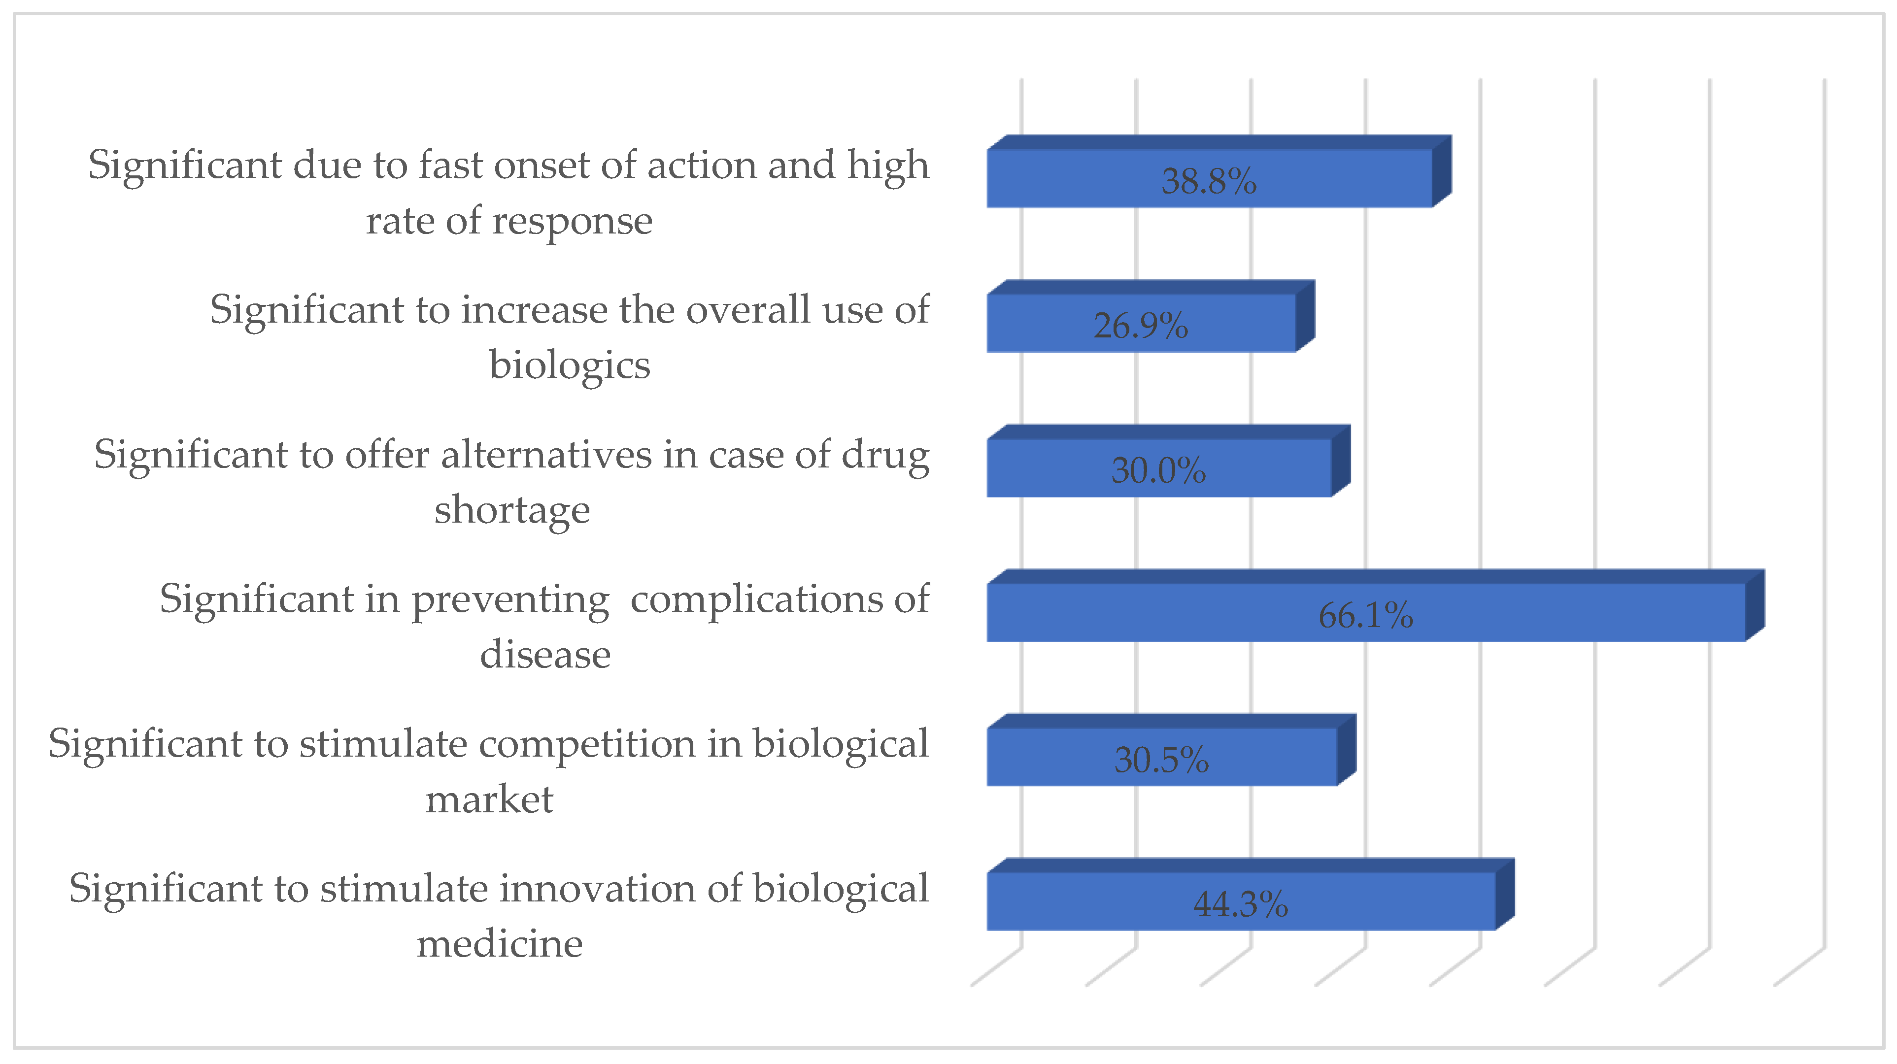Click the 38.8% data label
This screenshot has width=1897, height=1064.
click(1209, 181)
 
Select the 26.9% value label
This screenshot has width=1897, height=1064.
click(1141, 326)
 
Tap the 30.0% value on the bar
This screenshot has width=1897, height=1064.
click(1158, 470)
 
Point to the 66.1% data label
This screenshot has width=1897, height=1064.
click(1365, 615)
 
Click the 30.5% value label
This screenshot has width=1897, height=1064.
click(1161, 759)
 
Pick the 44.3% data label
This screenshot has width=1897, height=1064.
click(1240, 903)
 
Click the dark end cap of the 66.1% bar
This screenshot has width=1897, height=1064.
click(1755, 606)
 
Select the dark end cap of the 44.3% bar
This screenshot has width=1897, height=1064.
click(1504, 895)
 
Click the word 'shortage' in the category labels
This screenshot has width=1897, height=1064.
click(512, 509)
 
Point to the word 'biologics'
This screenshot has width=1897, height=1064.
click(569, 365)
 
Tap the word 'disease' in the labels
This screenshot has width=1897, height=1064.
click(545, 654)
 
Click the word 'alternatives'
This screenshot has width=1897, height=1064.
click(546, 454)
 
